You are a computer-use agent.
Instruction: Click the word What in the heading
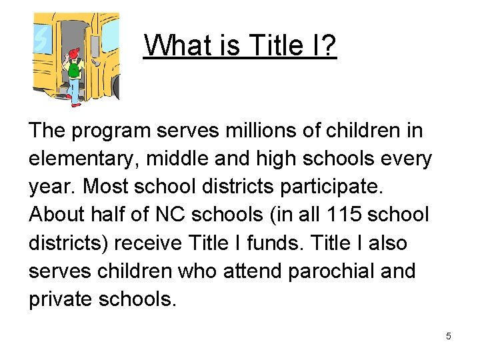(x=172, y=46)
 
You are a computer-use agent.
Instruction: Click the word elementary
(x=83, y=159)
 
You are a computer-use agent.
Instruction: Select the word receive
(x=149, y=243)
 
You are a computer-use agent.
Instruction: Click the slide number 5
(x=449, y=336)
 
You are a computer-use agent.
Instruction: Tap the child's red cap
(x=73, y=52)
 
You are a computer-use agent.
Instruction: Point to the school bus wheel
(x=116, y=87)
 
